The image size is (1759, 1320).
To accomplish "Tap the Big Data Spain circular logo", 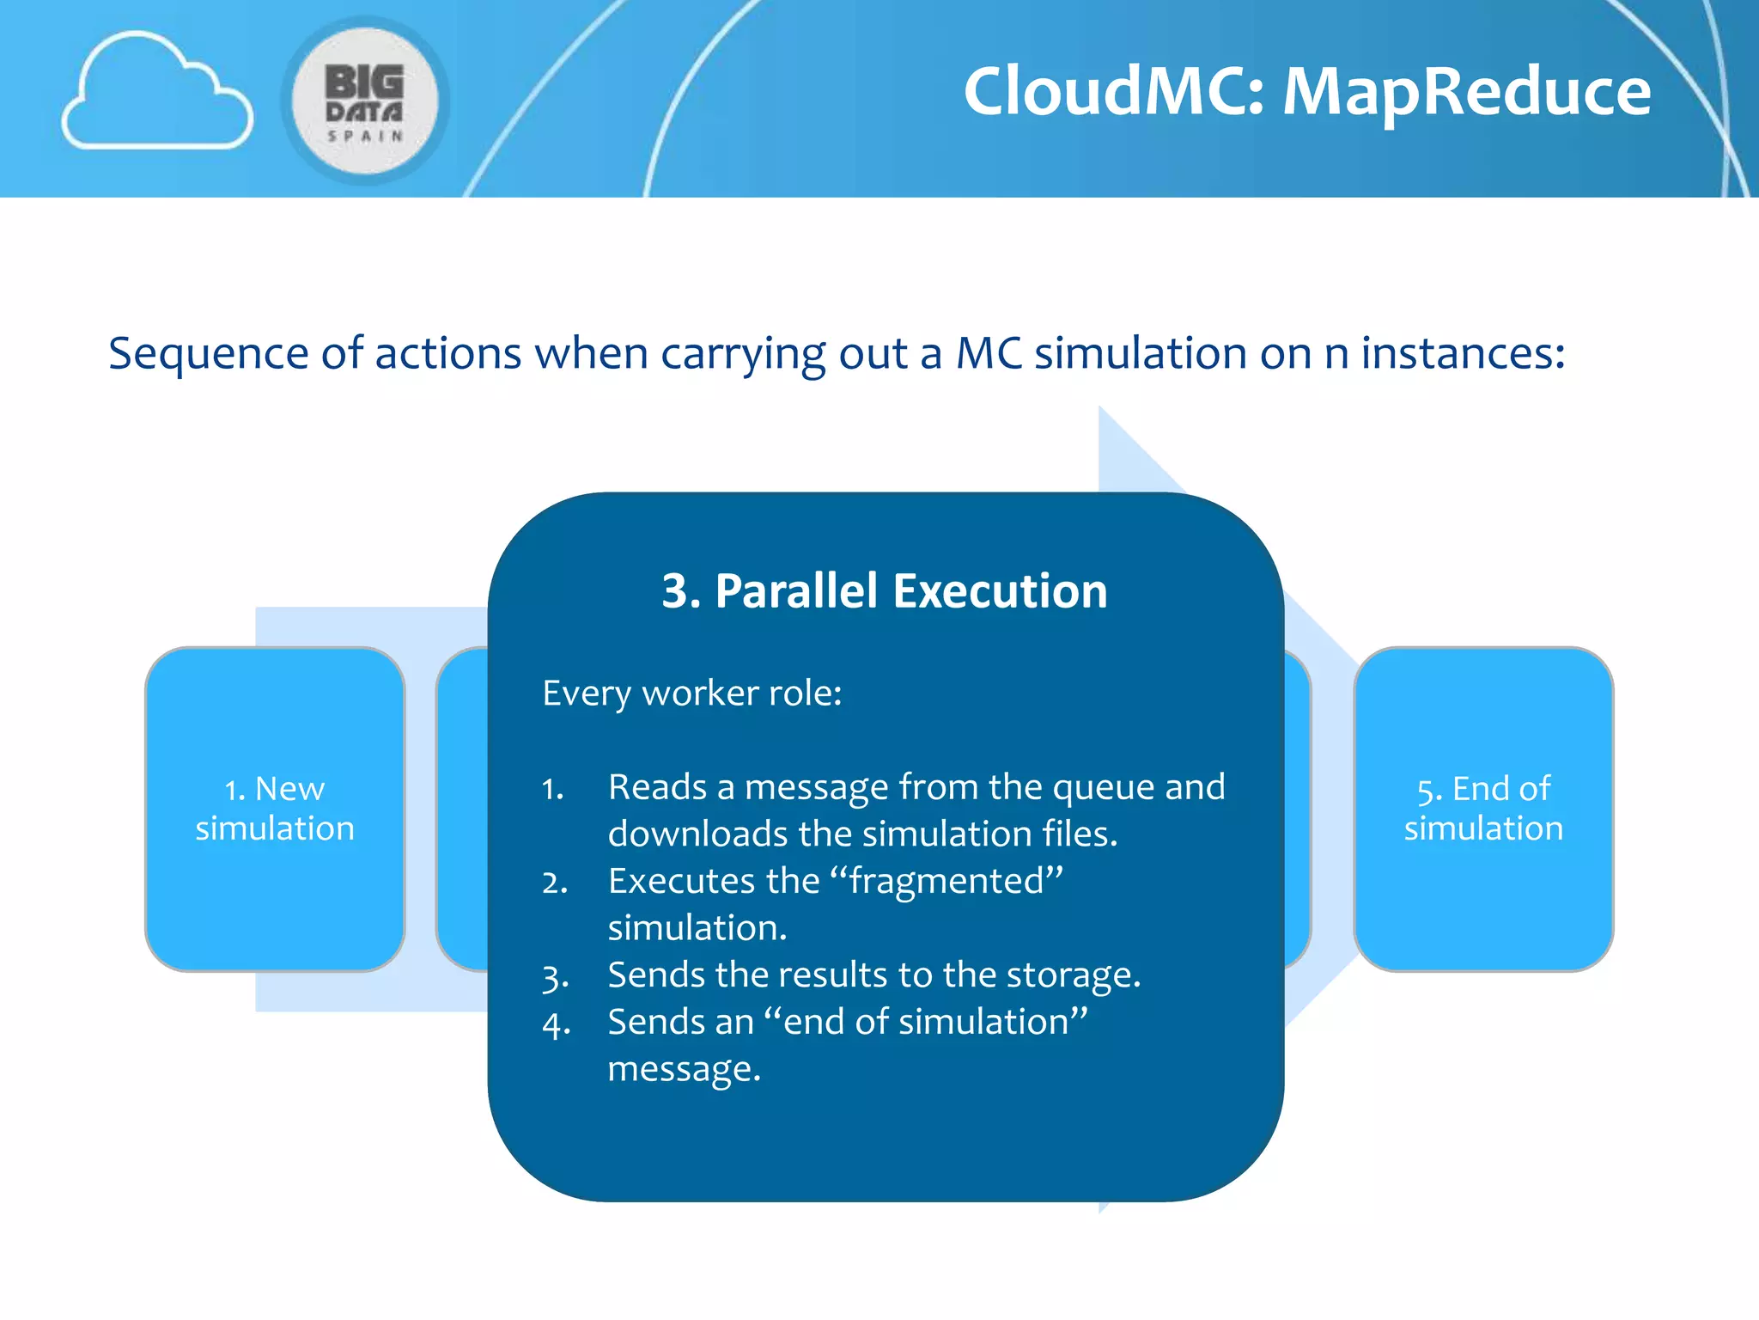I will click(365, 101).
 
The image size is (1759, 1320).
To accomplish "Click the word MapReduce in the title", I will click(1466, 91).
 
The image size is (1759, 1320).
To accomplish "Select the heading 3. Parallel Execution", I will click(885, 591).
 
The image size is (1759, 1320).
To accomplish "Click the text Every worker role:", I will click(692, 693).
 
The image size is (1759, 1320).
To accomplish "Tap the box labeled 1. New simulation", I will click(275, 809).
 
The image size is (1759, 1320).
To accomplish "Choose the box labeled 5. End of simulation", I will click(1483, 809).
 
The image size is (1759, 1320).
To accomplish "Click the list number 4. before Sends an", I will click(556, 1024).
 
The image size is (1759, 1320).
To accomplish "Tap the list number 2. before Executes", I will click(555, 883).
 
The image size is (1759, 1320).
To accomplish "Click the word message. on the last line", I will click(685, 1070).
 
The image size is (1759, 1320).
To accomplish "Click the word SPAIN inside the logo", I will click(365, 136).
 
